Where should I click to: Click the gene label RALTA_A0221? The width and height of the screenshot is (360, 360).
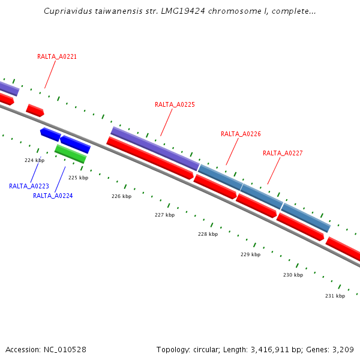pyautogui.click(x=57, y=56)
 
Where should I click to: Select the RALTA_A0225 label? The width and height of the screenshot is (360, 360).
pyautogui.click(x=175, y=104)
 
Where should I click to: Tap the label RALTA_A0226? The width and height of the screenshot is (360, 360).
pyautogui.click(x=241, y=134)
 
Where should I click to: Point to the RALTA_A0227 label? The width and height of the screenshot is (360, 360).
pyautogui.click(x=283, y=153)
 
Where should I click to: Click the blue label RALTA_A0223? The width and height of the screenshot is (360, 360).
pyautogui.click(x=29, y=186)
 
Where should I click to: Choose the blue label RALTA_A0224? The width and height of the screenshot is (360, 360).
pyautogui.click(x=53, y=196)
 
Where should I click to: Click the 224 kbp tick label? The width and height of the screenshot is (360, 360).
pyautogui.click(x=34, y=160)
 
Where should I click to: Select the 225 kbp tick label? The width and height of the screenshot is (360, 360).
pyautogui.click(x=78, y=178)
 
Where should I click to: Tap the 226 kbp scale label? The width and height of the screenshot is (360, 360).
pyautogui.click(x=121, y=196)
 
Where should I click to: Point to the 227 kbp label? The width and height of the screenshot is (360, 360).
pyautogui.click(x=164, y=215)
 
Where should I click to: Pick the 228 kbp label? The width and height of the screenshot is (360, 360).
pyautogui.click(x=208, y=234)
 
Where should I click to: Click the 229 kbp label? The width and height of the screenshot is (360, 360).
pyautogui.click(x=250, y=254)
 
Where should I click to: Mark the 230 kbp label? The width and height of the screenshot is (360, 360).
pyautogui.click(x=293, y=275)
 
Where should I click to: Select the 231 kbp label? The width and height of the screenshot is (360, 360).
pyautogui.click(x=335, y=296)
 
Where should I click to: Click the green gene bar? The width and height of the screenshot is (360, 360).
pyautogui.click(x=70, y=154)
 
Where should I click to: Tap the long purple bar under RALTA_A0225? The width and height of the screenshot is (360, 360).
pyautogui.click(x=155, y=148)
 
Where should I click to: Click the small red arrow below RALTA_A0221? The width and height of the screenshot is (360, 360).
pyautogui.click(x=35, y=110)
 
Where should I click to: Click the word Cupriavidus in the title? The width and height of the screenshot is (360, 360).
pyautogui.click(x=66, y=11)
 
